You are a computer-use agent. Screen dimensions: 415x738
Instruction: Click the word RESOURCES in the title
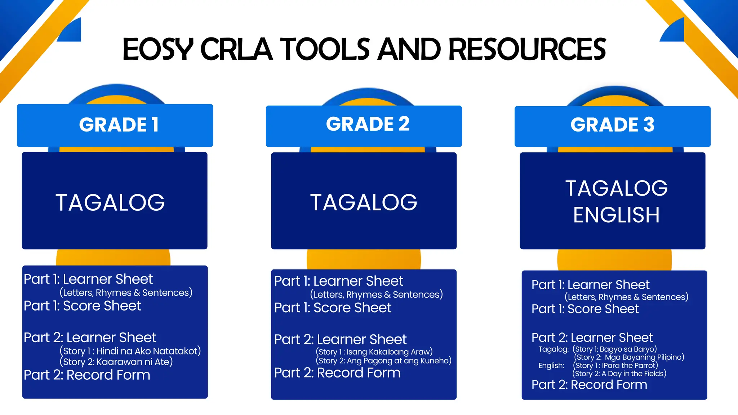527,49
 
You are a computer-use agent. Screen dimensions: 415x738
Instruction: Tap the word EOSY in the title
158,49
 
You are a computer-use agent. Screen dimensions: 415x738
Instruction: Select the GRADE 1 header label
119,125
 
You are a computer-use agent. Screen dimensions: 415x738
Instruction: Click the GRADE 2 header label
368,124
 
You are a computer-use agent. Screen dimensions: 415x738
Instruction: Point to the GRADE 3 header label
612,125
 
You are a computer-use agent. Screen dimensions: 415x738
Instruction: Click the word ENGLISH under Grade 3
616,215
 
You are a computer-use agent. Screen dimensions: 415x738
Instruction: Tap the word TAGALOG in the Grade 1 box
110,202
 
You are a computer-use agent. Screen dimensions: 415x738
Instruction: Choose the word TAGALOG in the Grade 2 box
364,202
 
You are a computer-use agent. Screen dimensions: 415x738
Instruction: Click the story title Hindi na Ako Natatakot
148,351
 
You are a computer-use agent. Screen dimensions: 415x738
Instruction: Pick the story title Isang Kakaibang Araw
389,352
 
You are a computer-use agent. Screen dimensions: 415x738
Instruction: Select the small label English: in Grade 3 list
551,366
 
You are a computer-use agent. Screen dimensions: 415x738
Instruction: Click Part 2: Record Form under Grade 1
87,375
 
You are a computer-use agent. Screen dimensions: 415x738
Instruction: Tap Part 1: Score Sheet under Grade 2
333,308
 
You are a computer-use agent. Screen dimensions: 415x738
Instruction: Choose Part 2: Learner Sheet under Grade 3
592,338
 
